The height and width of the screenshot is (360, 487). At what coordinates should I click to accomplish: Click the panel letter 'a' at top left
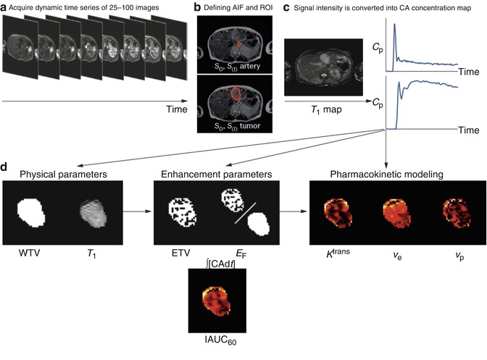coord(4,8)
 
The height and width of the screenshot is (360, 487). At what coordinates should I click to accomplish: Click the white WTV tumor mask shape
coord(31,214)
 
